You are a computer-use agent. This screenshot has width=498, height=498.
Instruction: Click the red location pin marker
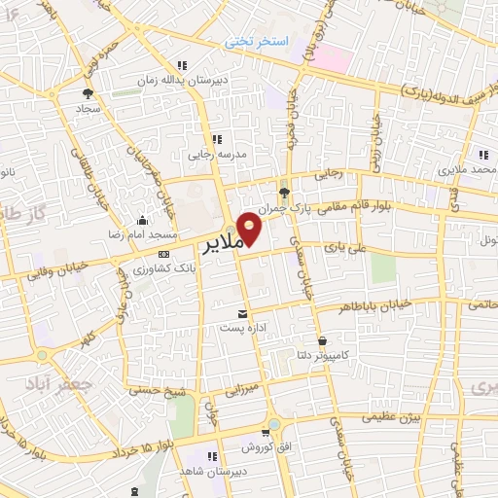point(251,229)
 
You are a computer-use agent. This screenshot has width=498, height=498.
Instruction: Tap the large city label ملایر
point(223,245)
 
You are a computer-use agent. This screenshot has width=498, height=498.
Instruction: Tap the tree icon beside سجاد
point(89,94)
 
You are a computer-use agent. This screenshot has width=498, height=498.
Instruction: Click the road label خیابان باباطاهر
point(375,305)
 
